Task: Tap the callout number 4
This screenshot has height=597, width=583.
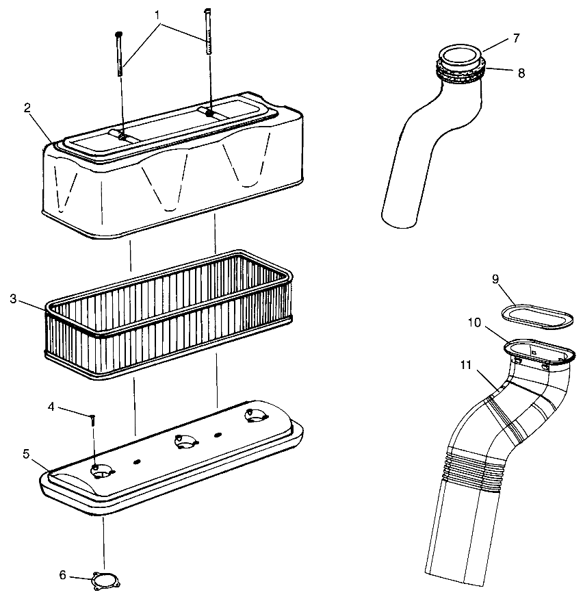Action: pyautogui.click(x=51, y=406)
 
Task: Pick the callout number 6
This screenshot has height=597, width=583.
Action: pyautogui.click(x=62, y=574)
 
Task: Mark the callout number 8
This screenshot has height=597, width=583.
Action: pyautogui.click(x=521, y=73)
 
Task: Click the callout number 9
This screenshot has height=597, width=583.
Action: pyautogui.click(x=495, y=278)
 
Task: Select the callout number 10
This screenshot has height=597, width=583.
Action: pyautogui.click(x=474, y=322)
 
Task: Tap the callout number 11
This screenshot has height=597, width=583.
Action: pyautogui.click(x=465, y=365)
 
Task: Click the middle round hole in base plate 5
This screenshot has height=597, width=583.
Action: pyautogui.click(x=183, y=442)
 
